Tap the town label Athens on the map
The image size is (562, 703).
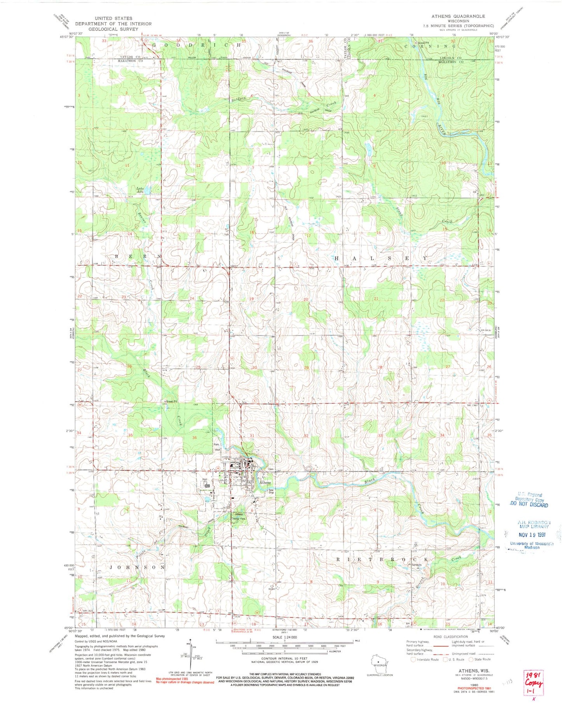coord(265,483)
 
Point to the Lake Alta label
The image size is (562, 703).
coord(140,190)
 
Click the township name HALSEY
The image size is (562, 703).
coord(381,258)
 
